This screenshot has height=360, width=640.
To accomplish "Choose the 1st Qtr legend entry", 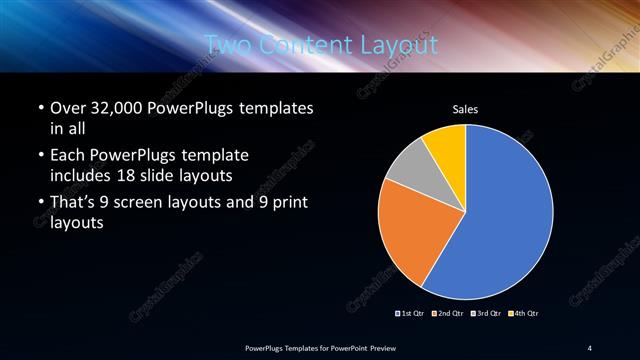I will point(410,313).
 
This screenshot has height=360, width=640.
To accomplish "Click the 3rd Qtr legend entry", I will point(487,313).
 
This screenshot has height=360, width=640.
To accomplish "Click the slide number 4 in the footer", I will point(590,347).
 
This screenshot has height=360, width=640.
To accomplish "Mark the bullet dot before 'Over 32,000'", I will point(39,108).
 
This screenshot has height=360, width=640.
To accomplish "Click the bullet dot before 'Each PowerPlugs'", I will point(39,157).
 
